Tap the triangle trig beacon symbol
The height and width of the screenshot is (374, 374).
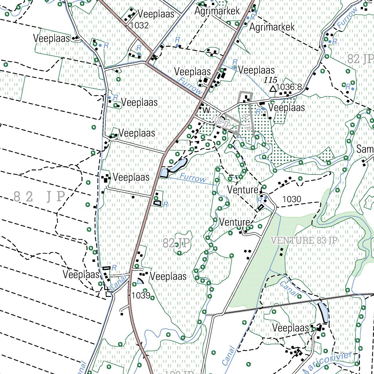click(x=272, y=89)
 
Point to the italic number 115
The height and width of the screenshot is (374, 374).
click(x=271, y=80)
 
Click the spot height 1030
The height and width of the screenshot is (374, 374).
click(x=292, y=199)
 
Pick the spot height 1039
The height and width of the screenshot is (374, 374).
click(x=141, y=295)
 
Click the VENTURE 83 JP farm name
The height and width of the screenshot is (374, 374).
click(x=304, y=240)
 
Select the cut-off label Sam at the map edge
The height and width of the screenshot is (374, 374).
click(x=365, y=149)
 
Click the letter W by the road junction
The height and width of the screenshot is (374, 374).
click(x=206, y=110)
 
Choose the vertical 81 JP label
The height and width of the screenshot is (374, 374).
click(x=246, y=122)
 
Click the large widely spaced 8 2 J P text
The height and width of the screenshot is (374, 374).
click(x=39, y=196)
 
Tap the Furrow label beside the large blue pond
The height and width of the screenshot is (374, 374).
click(x=193, y=179)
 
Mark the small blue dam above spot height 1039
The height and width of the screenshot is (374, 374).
click(x=140, y=281)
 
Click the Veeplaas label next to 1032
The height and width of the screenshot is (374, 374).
click(x=156, y=14)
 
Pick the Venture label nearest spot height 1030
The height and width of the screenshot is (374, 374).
click(x=243, y=190)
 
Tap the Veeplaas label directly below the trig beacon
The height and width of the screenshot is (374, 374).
click(x=286, y=108)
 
